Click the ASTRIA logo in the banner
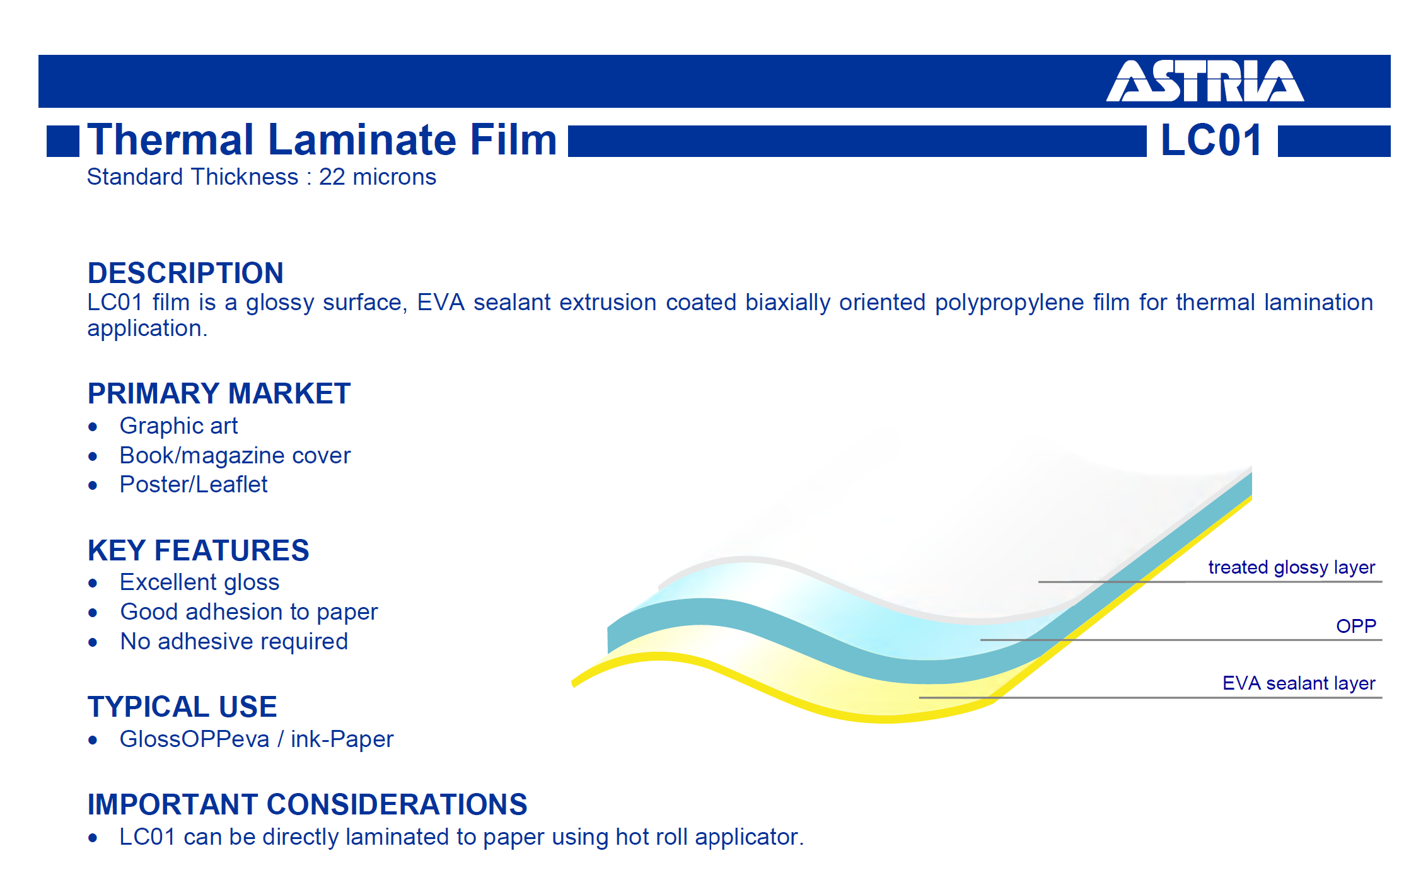[x=1205, y=81]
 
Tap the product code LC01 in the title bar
[x=1211, y=140]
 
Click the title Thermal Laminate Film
[x=322, y=139]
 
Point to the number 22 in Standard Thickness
[x=332, y=177]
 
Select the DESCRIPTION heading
[x=185, y=273]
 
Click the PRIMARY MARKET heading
[x=219, y=393]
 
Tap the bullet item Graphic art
[x=178, y=426]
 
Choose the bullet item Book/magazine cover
[x=235, y=456]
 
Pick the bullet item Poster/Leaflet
[x=194, y=485]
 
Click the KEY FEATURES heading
[x=199, y=550]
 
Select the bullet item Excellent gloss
[x=199, y=582]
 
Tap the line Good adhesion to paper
[x=249, y=612]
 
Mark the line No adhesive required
[x=234, y=642]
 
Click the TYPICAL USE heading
[x=182, y=707]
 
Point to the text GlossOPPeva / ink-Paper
[x=257, y=739]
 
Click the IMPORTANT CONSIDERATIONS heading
[x=307, y=804]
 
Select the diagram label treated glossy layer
[x=1291, y=567]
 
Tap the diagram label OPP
[x=1356, y=626]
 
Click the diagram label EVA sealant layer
[x=1299, y=683]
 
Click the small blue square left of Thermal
[x=63, y=141]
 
